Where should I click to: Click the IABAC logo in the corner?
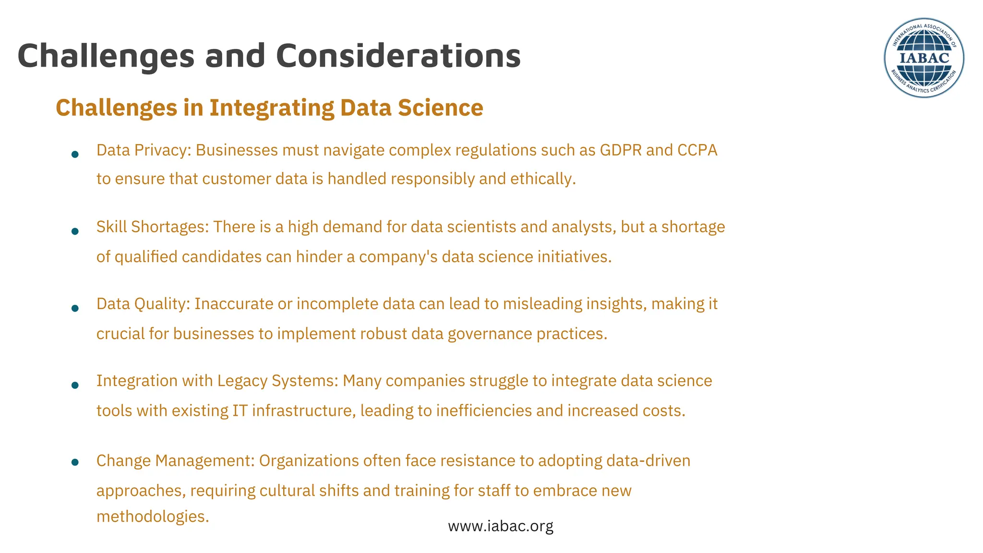pyautogui.click(x=923, y=58)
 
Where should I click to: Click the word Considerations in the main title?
pyautogui.click(x=398, y=56)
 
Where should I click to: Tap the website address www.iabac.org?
pyautogui.click(x=501, y=526)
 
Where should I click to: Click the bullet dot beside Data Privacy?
pyautogui.click(x=75, y=155)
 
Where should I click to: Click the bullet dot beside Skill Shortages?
pyautogui.click(x=75, y=231)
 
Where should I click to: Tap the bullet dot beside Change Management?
pyautogui.click(x=75, y=462)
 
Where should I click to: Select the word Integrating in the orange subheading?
pyautogui.click(x=272, y=108)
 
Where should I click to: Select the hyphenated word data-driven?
pyautogui.click(x=648, y=461)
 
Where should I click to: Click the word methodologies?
pyautogui.click(x=153, y=517)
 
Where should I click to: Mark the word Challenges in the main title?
pyautogui.click(x=106, y=56)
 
